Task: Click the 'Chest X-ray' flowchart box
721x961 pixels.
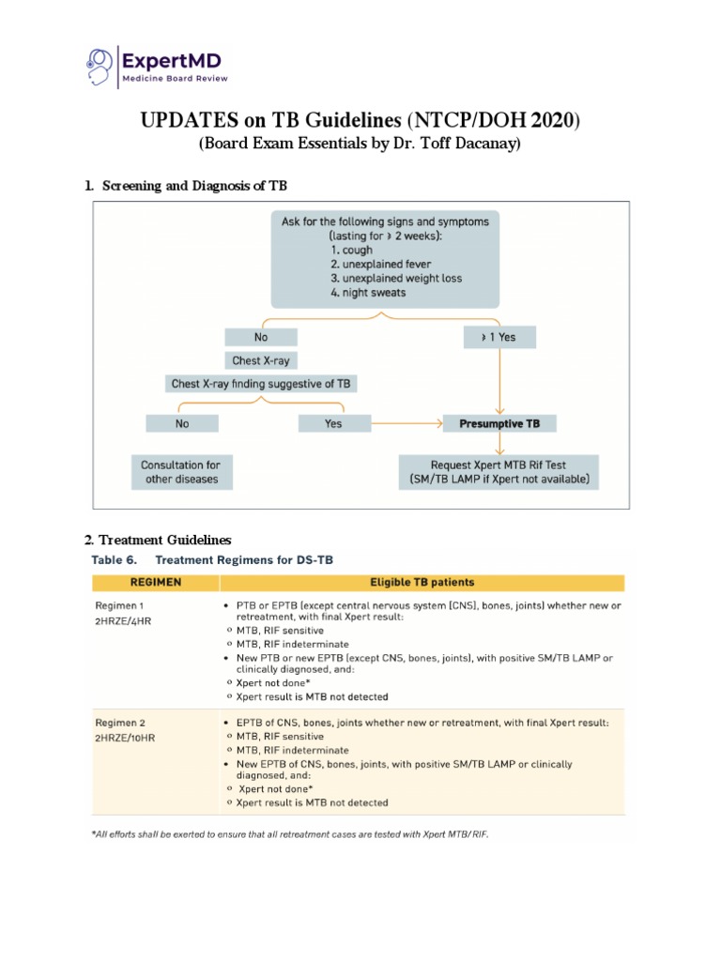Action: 261,360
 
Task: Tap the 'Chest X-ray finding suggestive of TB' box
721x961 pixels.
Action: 260,384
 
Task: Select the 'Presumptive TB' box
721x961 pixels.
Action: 499,423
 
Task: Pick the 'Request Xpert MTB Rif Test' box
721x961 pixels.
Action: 498,472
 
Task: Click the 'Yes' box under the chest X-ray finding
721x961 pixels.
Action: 333,423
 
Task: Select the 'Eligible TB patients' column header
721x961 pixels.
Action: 422,582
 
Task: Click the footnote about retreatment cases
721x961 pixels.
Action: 289,833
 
